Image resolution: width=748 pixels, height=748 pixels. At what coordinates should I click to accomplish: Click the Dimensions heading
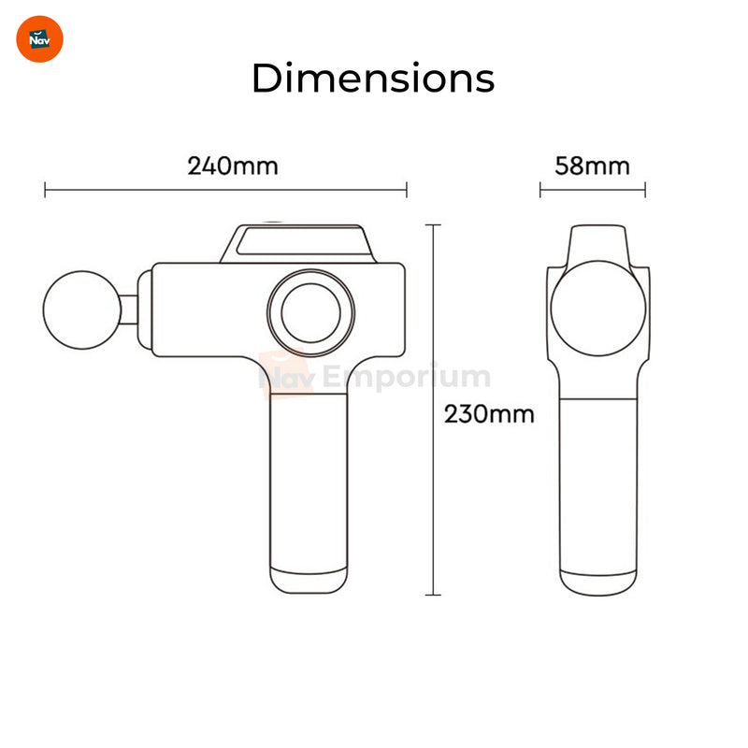(373, 78)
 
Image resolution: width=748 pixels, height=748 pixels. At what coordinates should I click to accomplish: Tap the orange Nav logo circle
(39, 39)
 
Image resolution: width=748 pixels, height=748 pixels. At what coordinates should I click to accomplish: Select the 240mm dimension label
(232, 166)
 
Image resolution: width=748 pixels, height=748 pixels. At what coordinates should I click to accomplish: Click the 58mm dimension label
(592, 166)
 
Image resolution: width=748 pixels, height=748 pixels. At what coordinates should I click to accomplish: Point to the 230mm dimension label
(489, 414)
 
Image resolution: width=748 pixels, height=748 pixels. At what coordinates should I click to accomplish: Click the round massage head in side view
(82, 310)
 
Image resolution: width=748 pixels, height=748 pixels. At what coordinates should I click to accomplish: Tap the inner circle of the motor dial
(311, 313)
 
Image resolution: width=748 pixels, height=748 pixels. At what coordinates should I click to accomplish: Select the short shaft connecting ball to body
(129, 309)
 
